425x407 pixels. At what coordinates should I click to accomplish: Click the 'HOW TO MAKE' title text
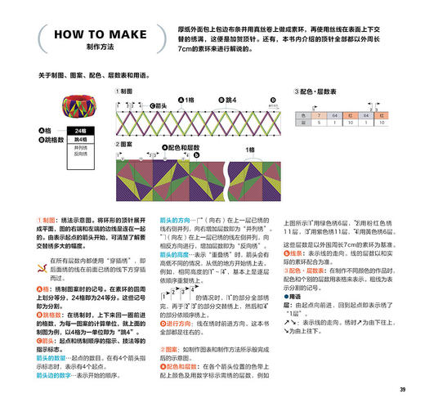pos(91,35)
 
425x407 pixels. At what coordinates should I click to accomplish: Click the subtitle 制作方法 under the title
pos(91,47)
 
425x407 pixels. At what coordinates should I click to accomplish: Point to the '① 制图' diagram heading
pos(125,92)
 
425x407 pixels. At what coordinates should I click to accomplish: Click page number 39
pos(402,388)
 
